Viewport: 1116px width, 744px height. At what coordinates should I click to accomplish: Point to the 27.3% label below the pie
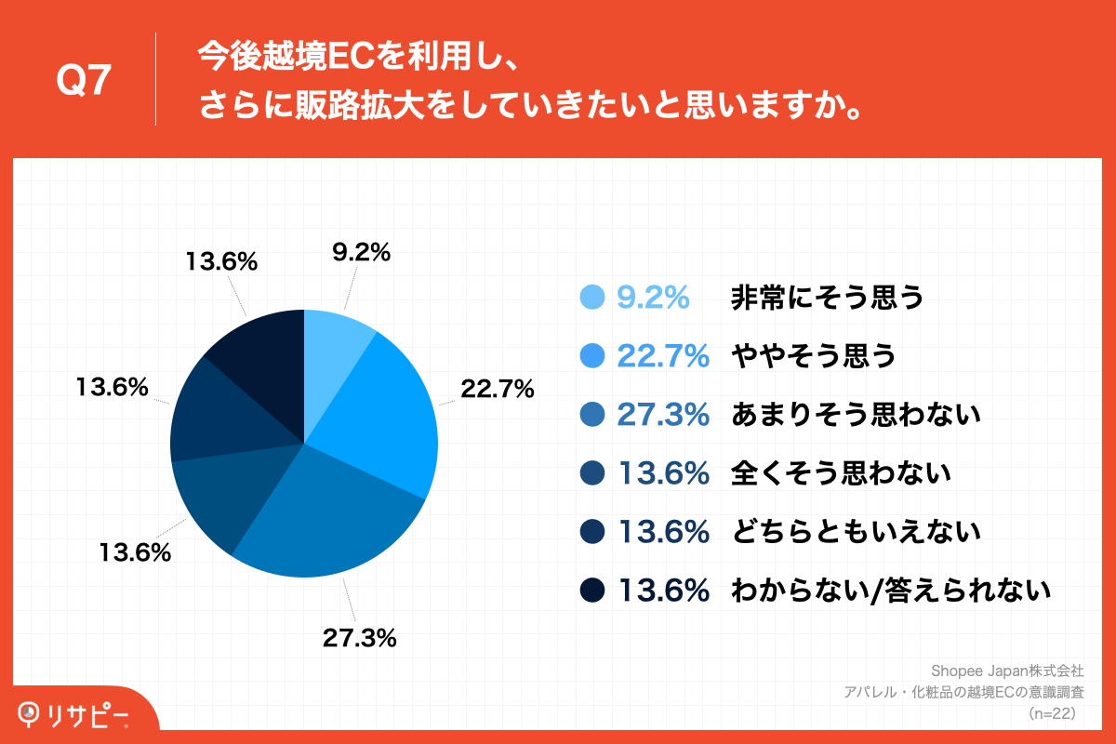click(360, 638)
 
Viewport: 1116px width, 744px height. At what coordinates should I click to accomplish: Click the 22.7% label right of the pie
click(496, 389)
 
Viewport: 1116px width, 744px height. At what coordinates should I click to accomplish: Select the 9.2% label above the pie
click(361, 252)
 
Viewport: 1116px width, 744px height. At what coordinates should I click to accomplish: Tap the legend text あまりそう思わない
click(857, 414)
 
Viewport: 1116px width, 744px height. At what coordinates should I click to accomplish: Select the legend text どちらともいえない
click(857, 531)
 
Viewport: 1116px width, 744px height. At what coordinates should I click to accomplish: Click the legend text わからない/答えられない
click(891, 590)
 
